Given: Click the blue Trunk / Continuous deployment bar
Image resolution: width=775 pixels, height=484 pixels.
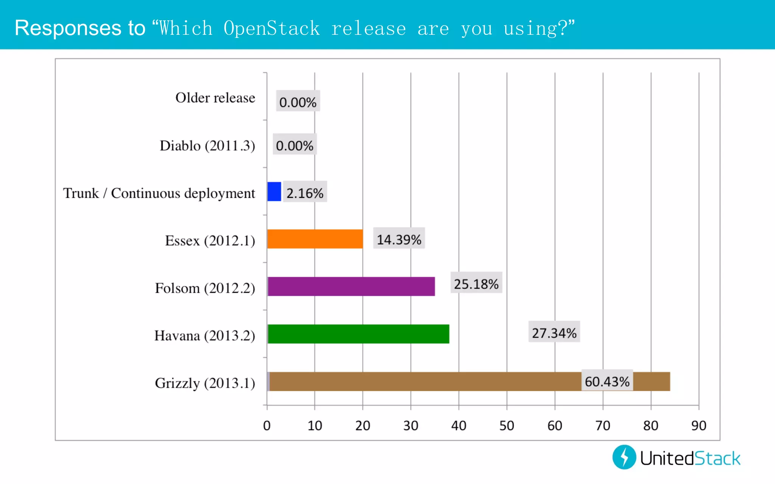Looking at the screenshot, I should tap(274, 191).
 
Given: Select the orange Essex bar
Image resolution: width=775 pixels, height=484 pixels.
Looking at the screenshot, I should tap(315, 239).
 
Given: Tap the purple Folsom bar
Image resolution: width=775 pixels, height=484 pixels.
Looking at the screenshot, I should tap(351, 286).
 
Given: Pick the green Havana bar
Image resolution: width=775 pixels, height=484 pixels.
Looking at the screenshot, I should tap(358, 334).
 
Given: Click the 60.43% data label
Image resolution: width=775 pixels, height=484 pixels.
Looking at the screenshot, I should tap(607, 381).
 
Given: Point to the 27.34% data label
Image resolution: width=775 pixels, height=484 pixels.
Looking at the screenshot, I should tap(554, 333).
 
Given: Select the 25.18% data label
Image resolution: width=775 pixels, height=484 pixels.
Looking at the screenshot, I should tap(476, 284).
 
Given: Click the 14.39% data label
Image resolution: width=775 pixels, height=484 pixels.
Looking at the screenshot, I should tap(399, 239).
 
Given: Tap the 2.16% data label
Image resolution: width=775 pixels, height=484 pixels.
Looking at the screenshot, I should tap(305, 193).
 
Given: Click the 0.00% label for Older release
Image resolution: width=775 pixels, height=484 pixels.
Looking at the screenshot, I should tap(298, 102).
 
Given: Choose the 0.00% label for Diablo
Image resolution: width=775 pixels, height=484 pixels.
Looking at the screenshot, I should tap(294, 145).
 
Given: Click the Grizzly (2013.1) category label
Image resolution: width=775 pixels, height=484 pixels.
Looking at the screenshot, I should tap(205, 383).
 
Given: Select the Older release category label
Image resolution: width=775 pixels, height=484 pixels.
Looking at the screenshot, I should tap(215, 98).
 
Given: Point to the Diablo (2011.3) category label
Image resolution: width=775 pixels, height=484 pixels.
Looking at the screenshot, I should tap(207, 146).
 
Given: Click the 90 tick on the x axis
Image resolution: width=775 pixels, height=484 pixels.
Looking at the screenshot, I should tap(699, 425).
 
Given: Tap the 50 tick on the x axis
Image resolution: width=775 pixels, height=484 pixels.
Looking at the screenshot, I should tap(506, 425).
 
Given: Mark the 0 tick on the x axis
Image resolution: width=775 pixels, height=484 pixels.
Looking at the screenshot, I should tap(267, 425).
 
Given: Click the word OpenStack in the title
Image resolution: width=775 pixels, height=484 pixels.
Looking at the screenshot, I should tap(271, 28).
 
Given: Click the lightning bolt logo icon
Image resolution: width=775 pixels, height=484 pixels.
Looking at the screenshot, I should tap(624, 457).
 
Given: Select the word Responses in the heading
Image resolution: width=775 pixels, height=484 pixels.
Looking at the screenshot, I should tap(68, 28).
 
